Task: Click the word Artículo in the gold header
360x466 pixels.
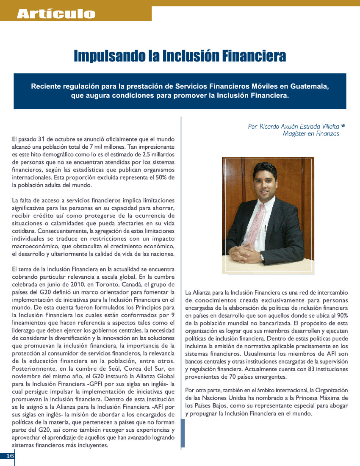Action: click(x=56, y=14)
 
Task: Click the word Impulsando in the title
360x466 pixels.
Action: click(x=106, y=55)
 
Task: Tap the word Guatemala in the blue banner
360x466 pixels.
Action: click(x=308, y=86)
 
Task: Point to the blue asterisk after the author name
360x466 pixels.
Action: click(x=343, y=126)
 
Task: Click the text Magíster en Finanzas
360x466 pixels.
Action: click(x=311, y=134)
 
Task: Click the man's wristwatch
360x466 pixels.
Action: click(x=262, y=257)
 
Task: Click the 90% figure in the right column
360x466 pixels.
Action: click(x=341, y=316)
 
